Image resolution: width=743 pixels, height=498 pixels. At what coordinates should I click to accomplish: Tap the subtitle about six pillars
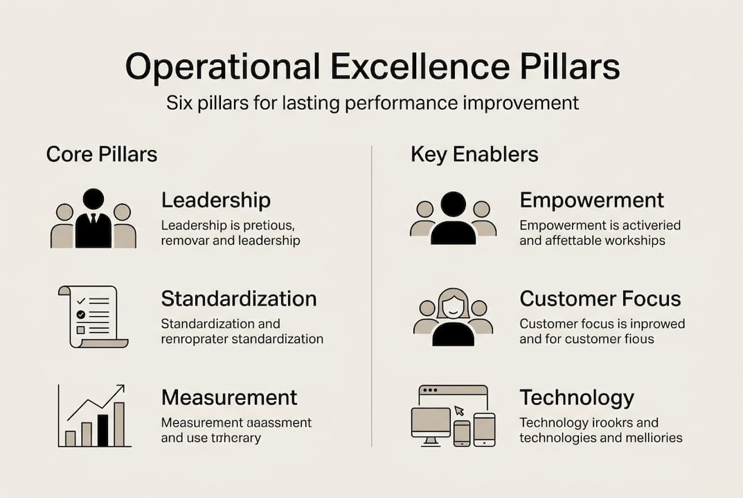pos(372,104)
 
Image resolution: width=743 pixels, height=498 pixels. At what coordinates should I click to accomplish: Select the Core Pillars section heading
pos(102,154)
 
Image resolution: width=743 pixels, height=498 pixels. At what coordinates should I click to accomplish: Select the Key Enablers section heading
pos(474,154)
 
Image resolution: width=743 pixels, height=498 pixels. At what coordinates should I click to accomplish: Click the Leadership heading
pos(215,201)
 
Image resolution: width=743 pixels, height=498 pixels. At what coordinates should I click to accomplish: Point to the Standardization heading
pos(239,299)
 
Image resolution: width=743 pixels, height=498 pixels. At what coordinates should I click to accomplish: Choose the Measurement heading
pos(229,398)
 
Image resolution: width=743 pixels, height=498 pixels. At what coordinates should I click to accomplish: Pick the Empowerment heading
pos(591,201)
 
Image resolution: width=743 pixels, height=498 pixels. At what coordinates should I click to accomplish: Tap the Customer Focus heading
pos(600,299)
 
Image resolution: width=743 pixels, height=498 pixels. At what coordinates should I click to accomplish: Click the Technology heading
pos(576,398)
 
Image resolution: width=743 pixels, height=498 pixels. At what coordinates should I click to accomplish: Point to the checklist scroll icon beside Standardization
pos(93,316)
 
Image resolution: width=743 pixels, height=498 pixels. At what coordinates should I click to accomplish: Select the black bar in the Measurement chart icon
pos(102,430)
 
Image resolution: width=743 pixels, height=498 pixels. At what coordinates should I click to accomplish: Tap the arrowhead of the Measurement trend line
pos(121,389)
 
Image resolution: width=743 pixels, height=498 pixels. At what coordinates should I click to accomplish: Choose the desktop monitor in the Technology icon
pos(431,423)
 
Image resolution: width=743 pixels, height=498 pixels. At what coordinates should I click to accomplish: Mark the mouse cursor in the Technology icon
pos(459,409)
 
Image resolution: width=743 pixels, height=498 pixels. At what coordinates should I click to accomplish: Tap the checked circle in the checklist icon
pos(80,314)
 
